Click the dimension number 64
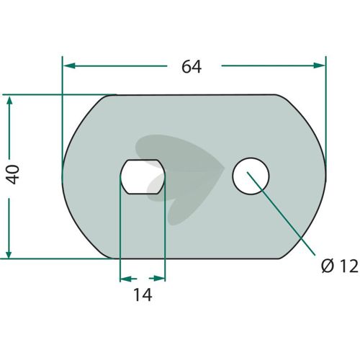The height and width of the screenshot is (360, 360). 192,67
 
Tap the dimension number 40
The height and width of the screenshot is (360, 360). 13,174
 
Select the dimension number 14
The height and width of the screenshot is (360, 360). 143,294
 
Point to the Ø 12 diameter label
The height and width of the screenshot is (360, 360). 340,266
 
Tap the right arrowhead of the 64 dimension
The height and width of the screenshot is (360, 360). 319,66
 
